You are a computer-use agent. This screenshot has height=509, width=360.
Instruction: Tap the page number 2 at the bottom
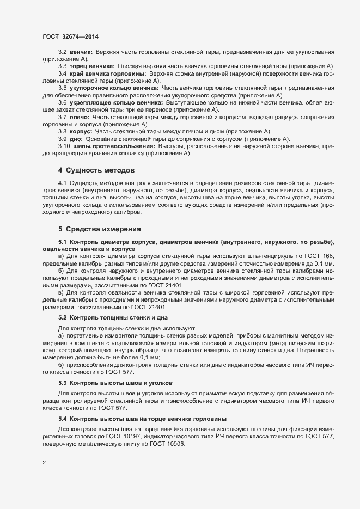pyautogui.click(x=44, y=464)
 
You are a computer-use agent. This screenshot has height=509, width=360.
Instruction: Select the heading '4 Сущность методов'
pyautogui.click(x=96, y=170)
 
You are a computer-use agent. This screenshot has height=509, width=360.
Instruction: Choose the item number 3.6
pyautogui.click(x=63, y=102)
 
